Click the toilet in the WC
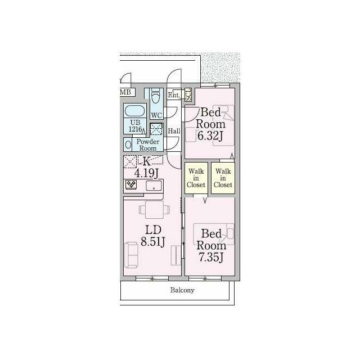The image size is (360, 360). click(x=156, y=97)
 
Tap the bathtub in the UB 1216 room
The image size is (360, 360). click(x=135, y=111)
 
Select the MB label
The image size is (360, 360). click(x=125, y=92)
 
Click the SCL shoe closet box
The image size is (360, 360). click(x=188, y=94)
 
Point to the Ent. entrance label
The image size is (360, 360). click(x=174, y=95)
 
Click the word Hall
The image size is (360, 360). click(x=174, y=131)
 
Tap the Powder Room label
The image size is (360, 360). click(x=147, y=145)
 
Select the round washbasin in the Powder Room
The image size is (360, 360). click(x=128, y=145)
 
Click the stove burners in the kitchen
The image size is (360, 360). click(x=131, y=184)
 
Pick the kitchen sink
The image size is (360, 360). click(x=154, y=186)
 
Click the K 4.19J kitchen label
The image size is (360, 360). click(x=146, y=168)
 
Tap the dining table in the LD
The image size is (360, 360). click(x=154, y=210)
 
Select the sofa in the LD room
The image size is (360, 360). click(x=131, y=255)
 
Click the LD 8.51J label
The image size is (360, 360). click(x=153, y=236)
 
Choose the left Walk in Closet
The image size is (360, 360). click(x=196, y=178)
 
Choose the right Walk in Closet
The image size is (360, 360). click(x=223, y=178)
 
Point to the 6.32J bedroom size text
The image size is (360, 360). click(x=210, y=136)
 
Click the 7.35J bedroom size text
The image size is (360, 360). click(x=211, y=258)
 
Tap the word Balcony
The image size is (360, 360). click(x=182, y=290)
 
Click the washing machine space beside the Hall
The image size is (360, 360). click(x=156, y=129)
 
